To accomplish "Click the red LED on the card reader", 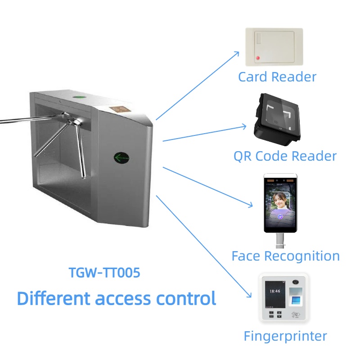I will [x=257, y=58].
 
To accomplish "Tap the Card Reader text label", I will [x=277, y=76].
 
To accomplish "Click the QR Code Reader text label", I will [x=285, y=156].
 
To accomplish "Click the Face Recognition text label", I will [x=285, y=256].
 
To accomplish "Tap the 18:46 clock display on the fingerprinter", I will [x=274, y=291].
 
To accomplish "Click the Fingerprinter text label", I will [x=285, y=336].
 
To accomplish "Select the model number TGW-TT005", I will [x=104, y=273].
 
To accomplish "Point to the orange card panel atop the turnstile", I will [x=119, y=109].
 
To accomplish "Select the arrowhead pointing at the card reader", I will [x=238, y=53].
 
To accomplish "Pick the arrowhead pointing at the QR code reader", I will [x=245, y=126].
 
